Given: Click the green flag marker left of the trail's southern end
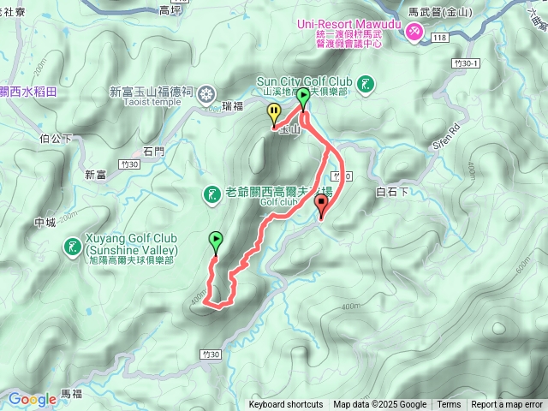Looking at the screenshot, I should coord(216,242).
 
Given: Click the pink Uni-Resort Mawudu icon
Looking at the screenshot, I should coord(414,32).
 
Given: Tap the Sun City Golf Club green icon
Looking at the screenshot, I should coord(366,83).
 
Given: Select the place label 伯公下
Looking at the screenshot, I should coord(55,135).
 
